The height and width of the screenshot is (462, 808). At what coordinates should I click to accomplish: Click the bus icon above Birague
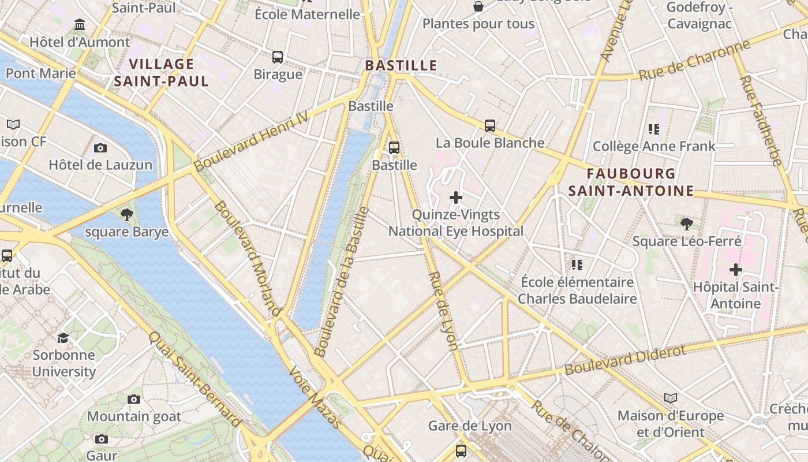[x=278, y=57]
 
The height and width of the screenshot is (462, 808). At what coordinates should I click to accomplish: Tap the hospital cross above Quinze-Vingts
[x=456, y=198]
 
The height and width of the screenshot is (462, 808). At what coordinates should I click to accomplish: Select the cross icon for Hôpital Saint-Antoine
[x=735, y=270]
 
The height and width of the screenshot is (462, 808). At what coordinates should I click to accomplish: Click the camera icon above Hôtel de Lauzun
[x=100, y=148]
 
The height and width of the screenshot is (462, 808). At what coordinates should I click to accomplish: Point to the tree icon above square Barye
[x=127, y=215]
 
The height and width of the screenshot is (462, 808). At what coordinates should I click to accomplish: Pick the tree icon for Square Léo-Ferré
[x=686, y=224]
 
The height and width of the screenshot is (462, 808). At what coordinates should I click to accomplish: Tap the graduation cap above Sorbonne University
[x=63, y=338]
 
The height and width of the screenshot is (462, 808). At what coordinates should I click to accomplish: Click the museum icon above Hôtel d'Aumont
[x=80, y=25]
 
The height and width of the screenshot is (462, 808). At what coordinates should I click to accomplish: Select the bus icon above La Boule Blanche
[x=490, y=126]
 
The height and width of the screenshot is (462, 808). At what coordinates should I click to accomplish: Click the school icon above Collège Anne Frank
[x=654, y=129]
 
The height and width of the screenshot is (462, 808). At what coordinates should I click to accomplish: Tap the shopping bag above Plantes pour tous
[x=478, y=7]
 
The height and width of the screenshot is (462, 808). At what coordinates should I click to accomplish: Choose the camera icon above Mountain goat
[x=134, y=399]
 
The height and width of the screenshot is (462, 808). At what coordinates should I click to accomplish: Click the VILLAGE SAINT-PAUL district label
[x=162, y=72]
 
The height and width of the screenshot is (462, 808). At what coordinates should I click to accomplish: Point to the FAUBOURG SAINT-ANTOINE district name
[x=631, y=182]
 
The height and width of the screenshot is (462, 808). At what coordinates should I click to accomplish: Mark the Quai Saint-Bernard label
[x=194, y=379]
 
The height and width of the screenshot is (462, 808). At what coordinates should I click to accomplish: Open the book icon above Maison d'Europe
[x=670, y=398]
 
